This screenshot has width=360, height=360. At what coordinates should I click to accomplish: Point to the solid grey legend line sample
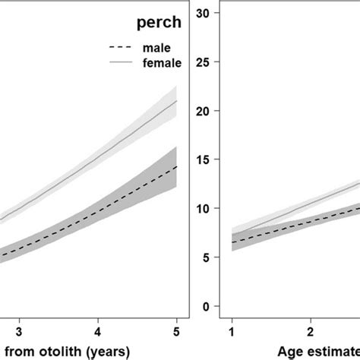112,65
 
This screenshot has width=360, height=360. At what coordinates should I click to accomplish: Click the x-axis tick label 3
20,331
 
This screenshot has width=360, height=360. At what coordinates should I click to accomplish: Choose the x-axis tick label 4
98,331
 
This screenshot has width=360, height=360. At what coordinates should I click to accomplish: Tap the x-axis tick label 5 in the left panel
176,331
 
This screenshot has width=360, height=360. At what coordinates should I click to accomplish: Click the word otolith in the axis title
54,350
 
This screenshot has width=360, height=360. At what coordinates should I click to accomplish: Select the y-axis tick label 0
205,306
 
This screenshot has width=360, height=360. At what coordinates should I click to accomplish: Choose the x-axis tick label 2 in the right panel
310,331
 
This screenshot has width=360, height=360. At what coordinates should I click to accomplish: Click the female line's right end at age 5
176,100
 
